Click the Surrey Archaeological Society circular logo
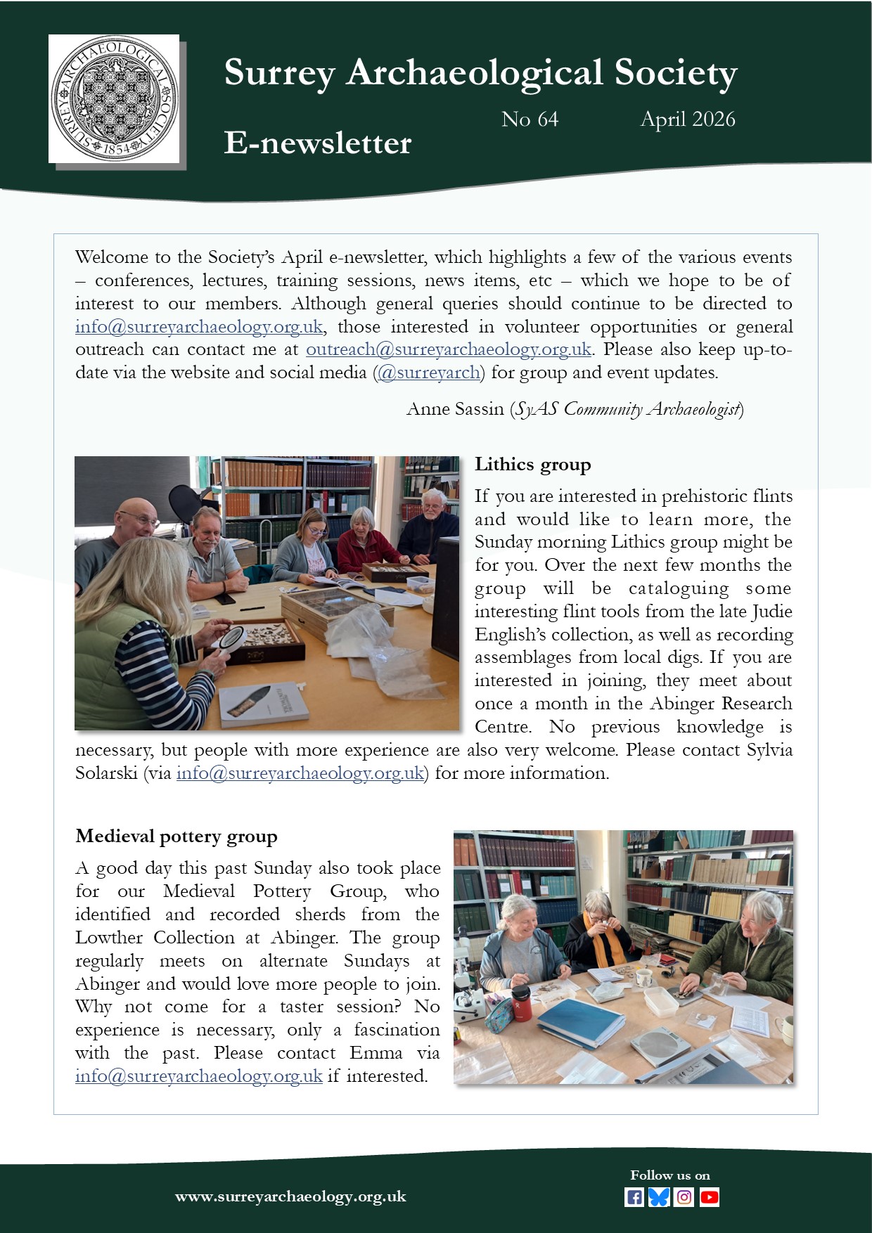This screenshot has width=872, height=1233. (114, 98)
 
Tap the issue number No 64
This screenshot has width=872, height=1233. (530, 120)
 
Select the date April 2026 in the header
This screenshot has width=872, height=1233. (687, 120)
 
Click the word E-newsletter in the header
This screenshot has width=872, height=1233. (317, 143)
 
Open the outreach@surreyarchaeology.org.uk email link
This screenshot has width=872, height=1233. (448, 349)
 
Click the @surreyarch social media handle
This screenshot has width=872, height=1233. (429, 373)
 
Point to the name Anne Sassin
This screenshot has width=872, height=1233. (455, 409)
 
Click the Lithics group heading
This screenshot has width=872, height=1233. (532, 465)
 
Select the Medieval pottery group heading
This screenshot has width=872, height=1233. (177, 837)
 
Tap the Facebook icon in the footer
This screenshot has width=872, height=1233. (634, 1197)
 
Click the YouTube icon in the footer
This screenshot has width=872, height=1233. (710, 1197)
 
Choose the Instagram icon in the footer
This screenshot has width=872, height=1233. (684, 1197)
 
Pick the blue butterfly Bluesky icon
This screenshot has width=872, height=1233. (659, 1197)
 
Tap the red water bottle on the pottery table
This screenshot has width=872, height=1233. (521, 1002)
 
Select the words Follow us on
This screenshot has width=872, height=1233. (670, 1175)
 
